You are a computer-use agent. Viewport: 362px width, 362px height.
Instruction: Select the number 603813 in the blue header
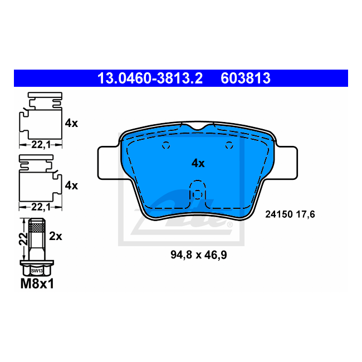246,79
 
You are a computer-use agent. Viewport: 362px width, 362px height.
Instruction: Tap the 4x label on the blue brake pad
198,163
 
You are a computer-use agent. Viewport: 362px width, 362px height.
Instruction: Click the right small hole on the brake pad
229,146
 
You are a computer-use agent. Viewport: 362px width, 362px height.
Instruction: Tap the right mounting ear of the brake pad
287,163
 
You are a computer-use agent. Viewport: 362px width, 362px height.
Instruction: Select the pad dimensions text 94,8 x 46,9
198,255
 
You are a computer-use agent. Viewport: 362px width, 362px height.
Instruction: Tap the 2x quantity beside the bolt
55,236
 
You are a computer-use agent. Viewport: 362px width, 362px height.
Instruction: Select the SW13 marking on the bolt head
37,271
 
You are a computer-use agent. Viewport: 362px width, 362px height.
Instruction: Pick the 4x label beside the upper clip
71,123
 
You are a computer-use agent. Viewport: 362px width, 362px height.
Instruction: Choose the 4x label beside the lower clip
71,185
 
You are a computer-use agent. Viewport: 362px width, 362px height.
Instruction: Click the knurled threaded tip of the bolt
37,226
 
